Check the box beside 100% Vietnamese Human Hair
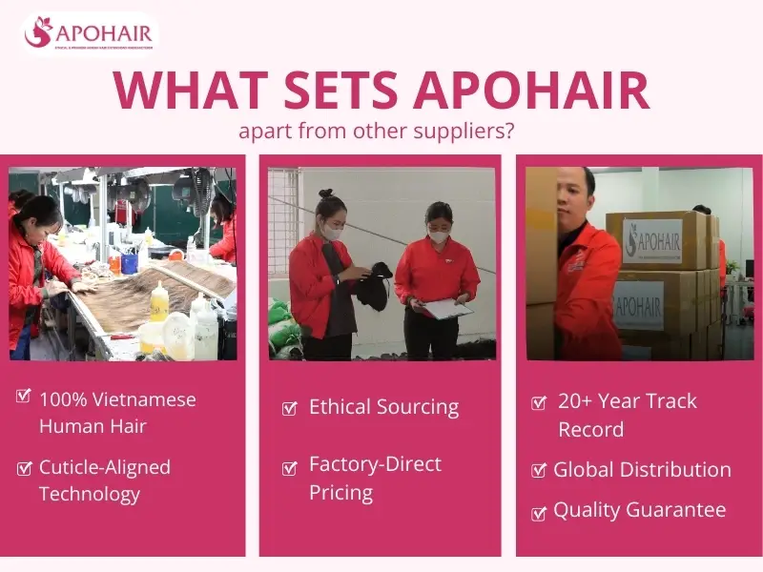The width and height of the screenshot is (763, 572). [25, 396]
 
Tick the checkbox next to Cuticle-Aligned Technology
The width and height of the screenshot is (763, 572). [25, 467]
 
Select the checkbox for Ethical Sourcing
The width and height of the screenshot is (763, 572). [290, 409]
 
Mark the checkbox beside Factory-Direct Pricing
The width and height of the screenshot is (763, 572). [290, 468]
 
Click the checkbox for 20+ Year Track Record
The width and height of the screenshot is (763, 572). [538, 402]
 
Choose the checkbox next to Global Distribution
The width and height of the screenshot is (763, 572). [538, 470]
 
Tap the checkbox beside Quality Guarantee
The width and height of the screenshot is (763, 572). [538, 513]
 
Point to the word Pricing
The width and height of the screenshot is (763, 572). [340, 493]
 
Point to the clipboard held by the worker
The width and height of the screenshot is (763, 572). [446, 307]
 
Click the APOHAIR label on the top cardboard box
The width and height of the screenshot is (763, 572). [652, 238]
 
